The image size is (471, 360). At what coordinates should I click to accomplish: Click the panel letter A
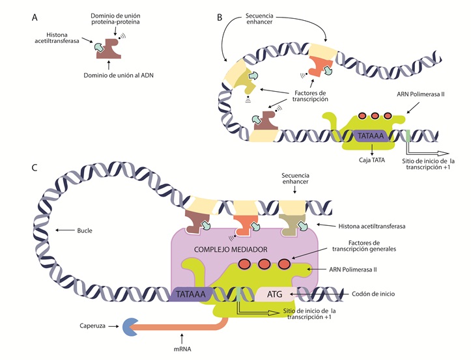coord(34,18)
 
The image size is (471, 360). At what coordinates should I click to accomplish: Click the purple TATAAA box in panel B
coord(371,136)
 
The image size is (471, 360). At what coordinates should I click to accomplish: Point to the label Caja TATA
coord(371,159)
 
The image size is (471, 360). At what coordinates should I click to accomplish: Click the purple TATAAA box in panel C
coord(192,295)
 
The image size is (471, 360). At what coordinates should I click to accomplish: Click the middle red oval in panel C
coord(264,265)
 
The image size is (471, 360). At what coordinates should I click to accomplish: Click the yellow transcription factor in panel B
coord(243,80)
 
